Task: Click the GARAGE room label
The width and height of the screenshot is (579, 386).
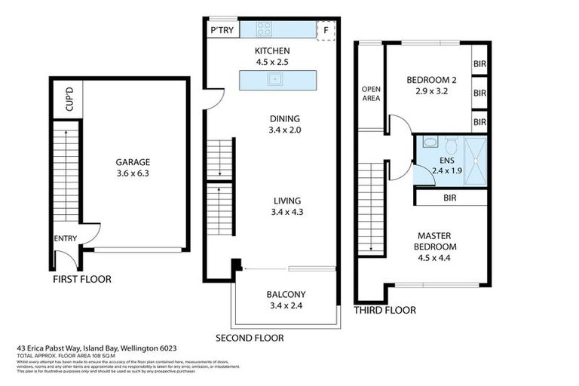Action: coord(132,161)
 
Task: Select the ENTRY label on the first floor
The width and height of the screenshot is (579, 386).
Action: coord(66,238)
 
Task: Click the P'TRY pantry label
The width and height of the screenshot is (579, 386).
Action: coord(222,31)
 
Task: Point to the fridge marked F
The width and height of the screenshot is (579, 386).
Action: coord(326,31)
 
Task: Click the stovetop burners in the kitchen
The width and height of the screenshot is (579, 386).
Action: coord(265,29)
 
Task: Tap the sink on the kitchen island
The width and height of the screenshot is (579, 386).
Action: coord(276,78)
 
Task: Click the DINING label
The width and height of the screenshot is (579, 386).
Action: coord(284,118)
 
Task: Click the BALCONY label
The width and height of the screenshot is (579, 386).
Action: coord(285,295)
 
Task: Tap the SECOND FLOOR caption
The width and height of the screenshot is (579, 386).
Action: coord(250,337)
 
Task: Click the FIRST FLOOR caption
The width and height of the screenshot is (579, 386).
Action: coord(81,279)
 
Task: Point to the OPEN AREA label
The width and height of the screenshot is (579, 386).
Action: coord(370,92)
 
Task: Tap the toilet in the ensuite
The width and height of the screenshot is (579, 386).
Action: coord(450,143)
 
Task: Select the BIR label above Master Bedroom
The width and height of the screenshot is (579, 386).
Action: coord(450,198)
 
